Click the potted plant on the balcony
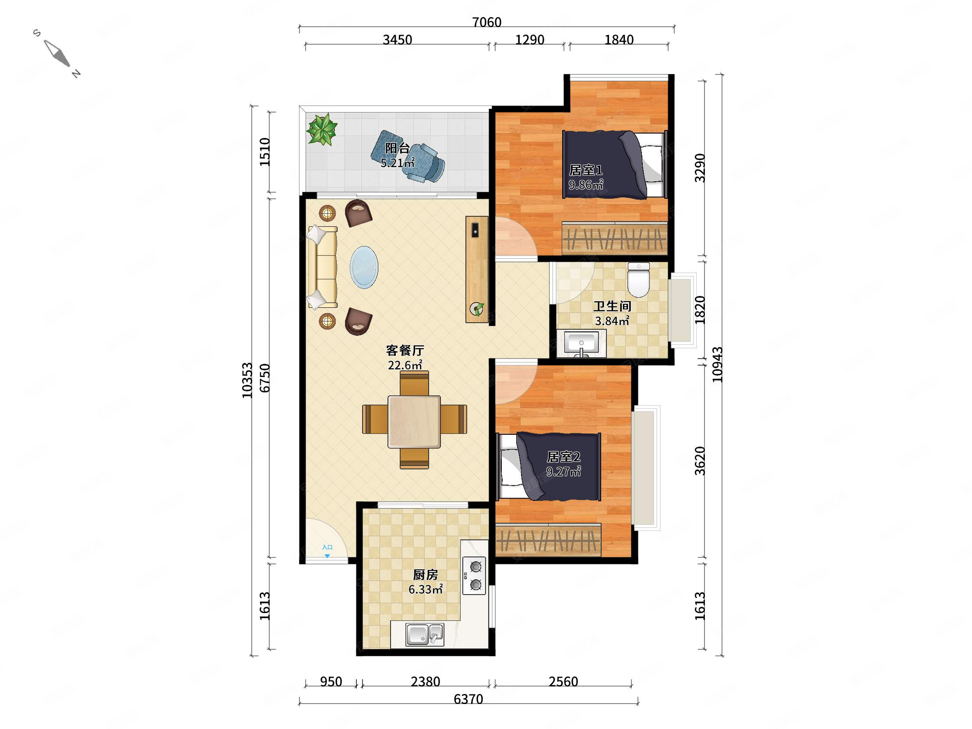pos(322,129)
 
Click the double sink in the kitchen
pos(424,634)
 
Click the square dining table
pos(414,422)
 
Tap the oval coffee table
pos(364,267)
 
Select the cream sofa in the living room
pos(322,267)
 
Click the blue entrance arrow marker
pos(327,556)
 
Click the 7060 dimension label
pos(486,22)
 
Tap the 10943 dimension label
pos(717,364)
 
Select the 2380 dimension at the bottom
pos(426,681)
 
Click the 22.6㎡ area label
pos(405,365)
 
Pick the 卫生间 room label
pos(612,306)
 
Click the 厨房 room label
pos(426,575)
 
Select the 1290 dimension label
pos(529,40)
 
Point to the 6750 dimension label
pos(264,378)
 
